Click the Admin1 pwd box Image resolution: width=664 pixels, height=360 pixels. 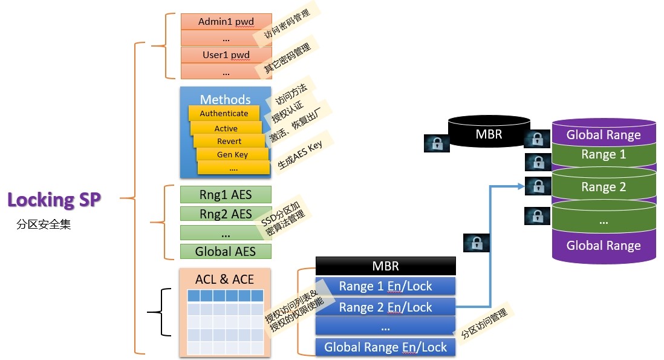click(226, 22)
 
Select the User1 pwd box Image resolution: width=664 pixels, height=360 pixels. click(226, 55)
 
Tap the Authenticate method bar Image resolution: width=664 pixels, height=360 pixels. click(224, 113)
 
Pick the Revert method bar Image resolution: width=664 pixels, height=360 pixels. click(229, 141)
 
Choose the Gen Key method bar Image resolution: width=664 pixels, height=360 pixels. click(232, 154)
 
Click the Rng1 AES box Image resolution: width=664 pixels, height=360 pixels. click(226, 195)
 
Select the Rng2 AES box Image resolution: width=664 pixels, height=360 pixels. click(226, 214)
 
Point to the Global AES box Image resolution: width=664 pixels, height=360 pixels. click(226, 251)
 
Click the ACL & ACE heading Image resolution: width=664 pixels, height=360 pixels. click(225, 280)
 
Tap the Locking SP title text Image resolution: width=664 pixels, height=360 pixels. click(54, 200)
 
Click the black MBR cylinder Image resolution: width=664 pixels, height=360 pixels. click(489, 133)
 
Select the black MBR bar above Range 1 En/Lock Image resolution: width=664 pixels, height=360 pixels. click(385, 266)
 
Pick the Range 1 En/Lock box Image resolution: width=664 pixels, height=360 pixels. click(385, 286)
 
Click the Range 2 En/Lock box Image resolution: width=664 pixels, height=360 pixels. click(385, 307)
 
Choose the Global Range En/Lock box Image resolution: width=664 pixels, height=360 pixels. click(385, 347)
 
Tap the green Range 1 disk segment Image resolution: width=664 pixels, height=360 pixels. click(603, 155)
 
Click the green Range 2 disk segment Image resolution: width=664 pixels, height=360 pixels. click(603, 187)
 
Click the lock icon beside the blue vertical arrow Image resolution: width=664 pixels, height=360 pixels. click(476, 243)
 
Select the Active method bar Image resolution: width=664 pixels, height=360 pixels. click(226, 128)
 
